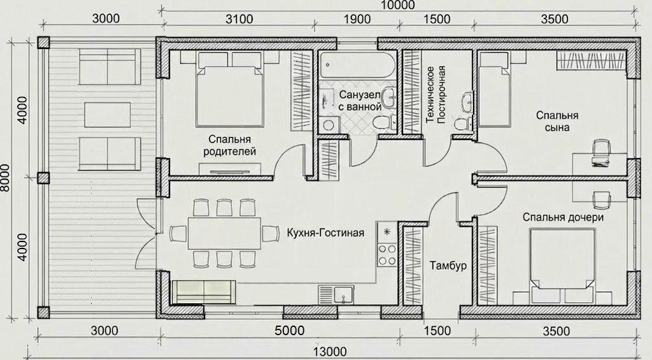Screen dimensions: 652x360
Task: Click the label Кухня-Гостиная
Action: click(x=325, y=233)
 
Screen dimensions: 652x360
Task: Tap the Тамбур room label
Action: click(x=448, y=266)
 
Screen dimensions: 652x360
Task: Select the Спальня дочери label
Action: click(x=563, y=217)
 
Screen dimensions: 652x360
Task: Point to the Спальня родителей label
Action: click(x=229, y=145)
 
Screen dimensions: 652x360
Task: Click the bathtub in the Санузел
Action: click(x=357, y=65)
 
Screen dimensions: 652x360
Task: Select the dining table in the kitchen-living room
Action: click(x=224, y=233)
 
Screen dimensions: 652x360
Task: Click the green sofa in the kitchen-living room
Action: click(x=204, y=292)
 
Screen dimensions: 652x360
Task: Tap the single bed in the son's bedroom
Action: click(x=494, y=89)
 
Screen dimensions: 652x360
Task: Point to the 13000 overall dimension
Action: click(x=329, y=352)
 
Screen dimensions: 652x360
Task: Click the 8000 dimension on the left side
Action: click(x=5, y=178)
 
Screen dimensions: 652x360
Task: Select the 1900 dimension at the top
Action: click(x=357, y=19)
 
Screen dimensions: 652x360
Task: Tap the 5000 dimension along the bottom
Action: click(x=290, y=331)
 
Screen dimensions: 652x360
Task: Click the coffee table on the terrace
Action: click(x=107, y=115)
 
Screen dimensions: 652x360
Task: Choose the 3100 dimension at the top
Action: click(x=239, y=19)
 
